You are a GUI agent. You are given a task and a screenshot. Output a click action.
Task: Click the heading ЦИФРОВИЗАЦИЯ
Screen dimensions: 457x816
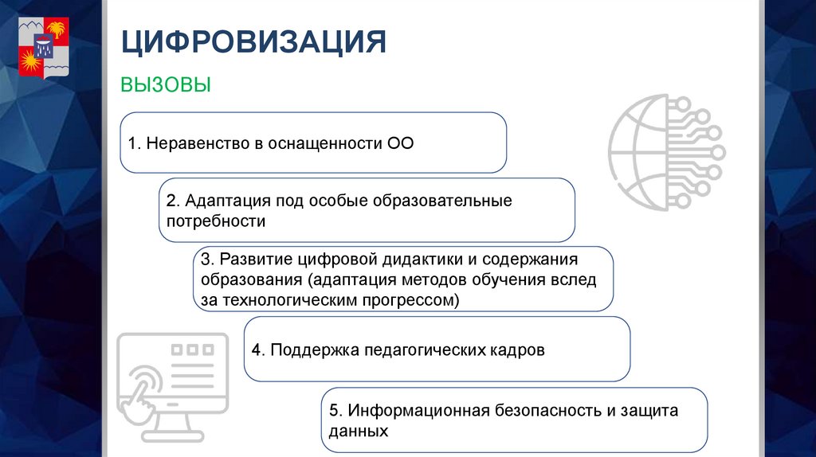[x=253, y=42]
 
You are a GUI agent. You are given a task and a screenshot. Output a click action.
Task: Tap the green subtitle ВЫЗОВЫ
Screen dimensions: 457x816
[x=166, y=85]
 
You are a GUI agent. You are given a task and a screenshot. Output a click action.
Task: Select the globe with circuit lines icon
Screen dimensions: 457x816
[x=666, y=151]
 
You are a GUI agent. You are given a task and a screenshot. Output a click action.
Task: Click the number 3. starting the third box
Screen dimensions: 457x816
[x=207, y=260]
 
